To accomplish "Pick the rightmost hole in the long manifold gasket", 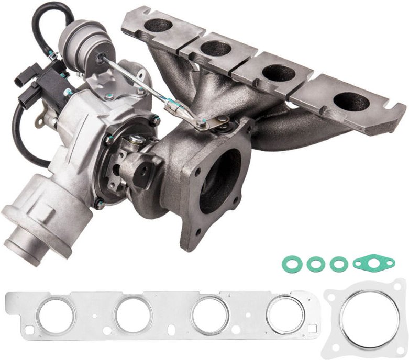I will coord(285,314).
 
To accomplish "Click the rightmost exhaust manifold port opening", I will coord(349,101).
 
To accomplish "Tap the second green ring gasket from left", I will coord(316,264).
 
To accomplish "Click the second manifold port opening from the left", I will coord(216,48).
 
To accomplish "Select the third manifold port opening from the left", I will coord(278,73).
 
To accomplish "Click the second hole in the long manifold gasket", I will coord(133,315).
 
